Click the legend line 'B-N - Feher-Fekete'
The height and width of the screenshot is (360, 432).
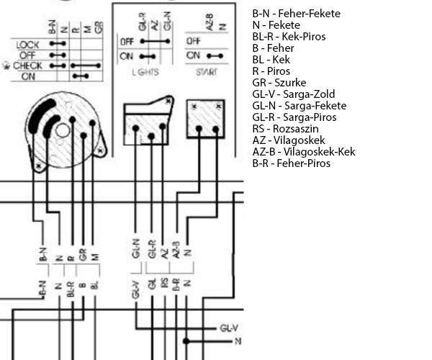point(297,14)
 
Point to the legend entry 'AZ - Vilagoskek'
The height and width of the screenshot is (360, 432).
point(285,140)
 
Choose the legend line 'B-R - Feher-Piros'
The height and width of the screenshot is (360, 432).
point(292,163)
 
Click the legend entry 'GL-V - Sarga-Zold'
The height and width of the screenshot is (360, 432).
point(293,94)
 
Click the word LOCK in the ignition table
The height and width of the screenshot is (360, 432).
point(27,45)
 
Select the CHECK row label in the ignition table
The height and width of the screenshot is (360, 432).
point(28,66)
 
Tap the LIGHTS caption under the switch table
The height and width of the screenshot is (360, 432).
point(146,73)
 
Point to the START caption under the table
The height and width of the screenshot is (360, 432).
point(206,73)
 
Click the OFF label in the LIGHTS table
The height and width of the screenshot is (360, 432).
point(127,41)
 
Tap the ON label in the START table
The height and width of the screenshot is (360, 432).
point(192,55)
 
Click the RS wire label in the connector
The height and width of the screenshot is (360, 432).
point(164,283)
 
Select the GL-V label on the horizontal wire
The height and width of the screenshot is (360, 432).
point(230,328)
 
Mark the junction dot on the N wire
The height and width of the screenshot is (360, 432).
point(187,341)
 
